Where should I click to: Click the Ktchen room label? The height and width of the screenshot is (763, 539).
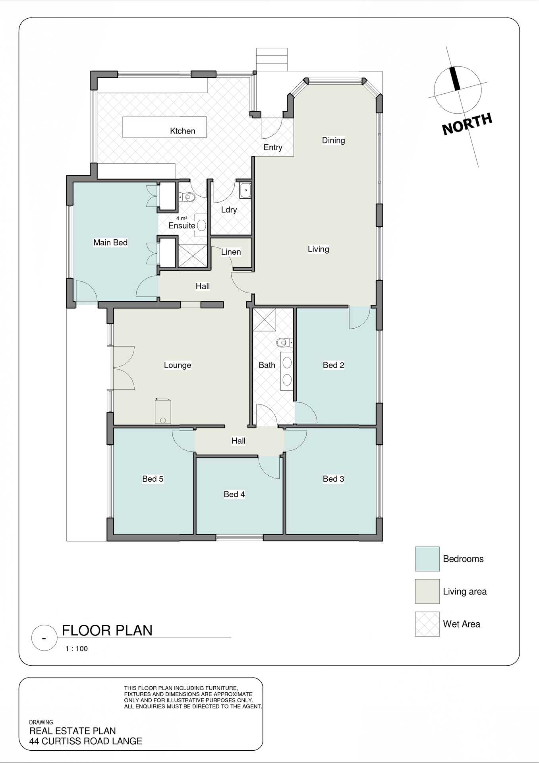[x=182, y=131]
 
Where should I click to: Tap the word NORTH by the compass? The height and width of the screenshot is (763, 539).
[x=467, y=124]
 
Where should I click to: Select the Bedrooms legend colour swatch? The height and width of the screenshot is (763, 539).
[x=427, y=559]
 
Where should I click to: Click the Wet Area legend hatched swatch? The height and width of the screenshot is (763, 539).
[x=427, y=624]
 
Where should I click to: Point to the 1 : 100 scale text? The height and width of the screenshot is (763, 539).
[x=77, y=649]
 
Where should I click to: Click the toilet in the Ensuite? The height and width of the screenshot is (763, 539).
[x=187, y=197]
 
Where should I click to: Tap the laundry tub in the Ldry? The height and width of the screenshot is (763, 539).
[x=245, y=190]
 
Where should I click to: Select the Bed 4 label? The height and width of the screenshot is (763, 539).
[x=234, y=494]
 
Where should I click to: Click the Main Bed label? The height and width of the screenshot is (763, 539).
[x=110, y=242]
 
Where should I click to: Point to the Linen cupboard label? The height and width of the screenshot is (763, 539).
[x=231, y=252]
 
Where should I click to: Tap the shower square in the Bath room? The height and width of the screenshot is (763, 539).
[x=265, y=320]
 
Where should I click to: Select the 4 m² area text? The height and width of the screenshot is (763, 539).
[x=182, y=218]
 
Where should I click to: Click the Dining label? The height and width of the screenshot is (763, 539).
[x=333, y=140]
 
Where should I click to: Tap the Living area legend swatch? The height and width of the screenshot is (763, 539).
[x=427, y=591]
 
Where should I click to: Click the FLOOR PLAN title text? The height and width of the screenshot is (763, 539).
[x=107, y=631]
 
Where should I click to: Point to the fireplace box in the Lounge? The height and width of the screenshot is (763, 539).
[x=163, y=412]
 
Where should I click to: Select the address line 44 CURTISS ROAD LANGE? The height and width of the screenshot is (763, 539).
[x=85, y=741]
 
